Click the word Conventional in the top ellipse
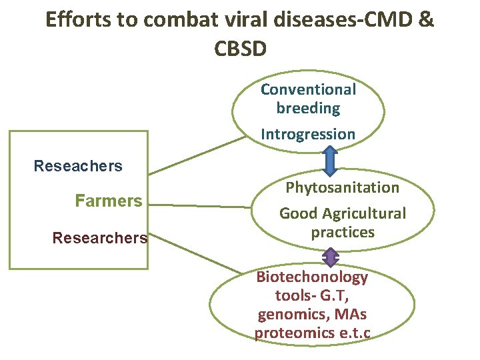pyautogui.click(x=308, y=89)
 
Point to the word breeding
pyautogui.click(x=308, y=108)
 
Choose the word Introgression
pyautogui.click(x=308, y=134)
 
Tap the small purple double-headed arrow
pyautogui.click(x=329, y=257)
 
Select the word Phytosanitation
pyautogui.click(x=342, y=188)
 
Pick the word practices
pyautogui.click(x=343, y=233)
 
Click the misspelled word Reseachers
pyautogui.click(x=78, y=166)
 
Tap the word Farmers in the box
pyautogui.click(x=109, y=201)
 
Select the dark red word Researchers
pyautogui.click(x=100, y=237)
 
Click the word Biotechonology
pyautogui.click(x=312, y=277)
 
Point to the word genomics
pyautogui.click(x=286, y=315)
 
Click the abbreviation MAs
pyautogui.click(x=353, y=315)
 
